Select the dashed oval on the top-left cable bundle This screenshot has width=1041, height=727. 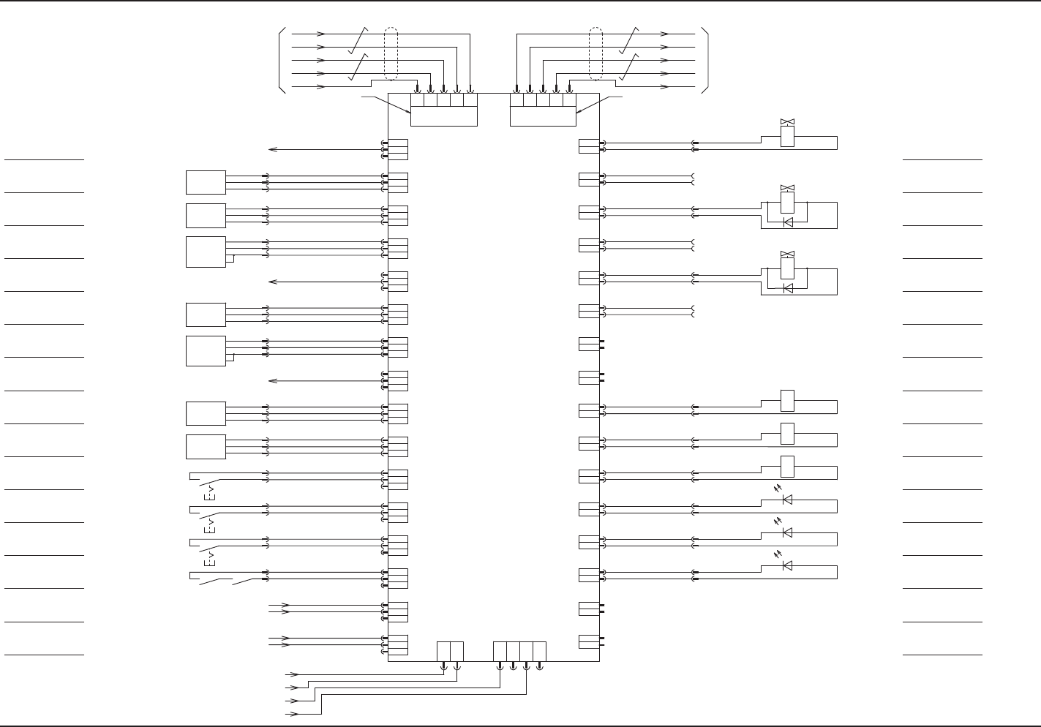coord(391,54)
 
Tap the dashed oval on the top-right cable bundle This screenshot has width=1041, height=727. coord(595,54)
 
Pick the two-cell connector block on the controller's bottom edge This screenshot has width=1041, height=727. coord(450,651)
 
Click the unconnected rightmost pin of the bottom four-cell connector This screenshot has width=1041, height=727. coord(539,666)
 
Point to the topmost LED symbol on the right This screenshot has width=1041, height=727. coord(787,499)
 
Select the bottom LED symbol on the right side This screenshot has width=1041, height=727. coord(787,565)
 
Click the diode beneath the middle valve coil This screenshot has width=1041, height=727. coord(787,222)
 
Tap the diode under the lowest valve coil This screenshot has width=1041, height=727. coord(787,288)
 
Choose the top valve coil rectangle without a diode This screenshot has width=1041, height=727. coord(787,137)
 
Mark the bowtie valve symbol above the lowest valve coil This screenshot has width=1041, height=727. coord(787,254)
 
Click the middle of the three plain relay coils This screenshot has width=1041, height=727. coord(787,434)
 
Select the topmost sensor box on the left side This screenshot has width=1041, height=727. coord(206,182)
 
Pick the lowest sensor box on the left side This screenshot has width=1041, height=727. coord(206,446)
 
